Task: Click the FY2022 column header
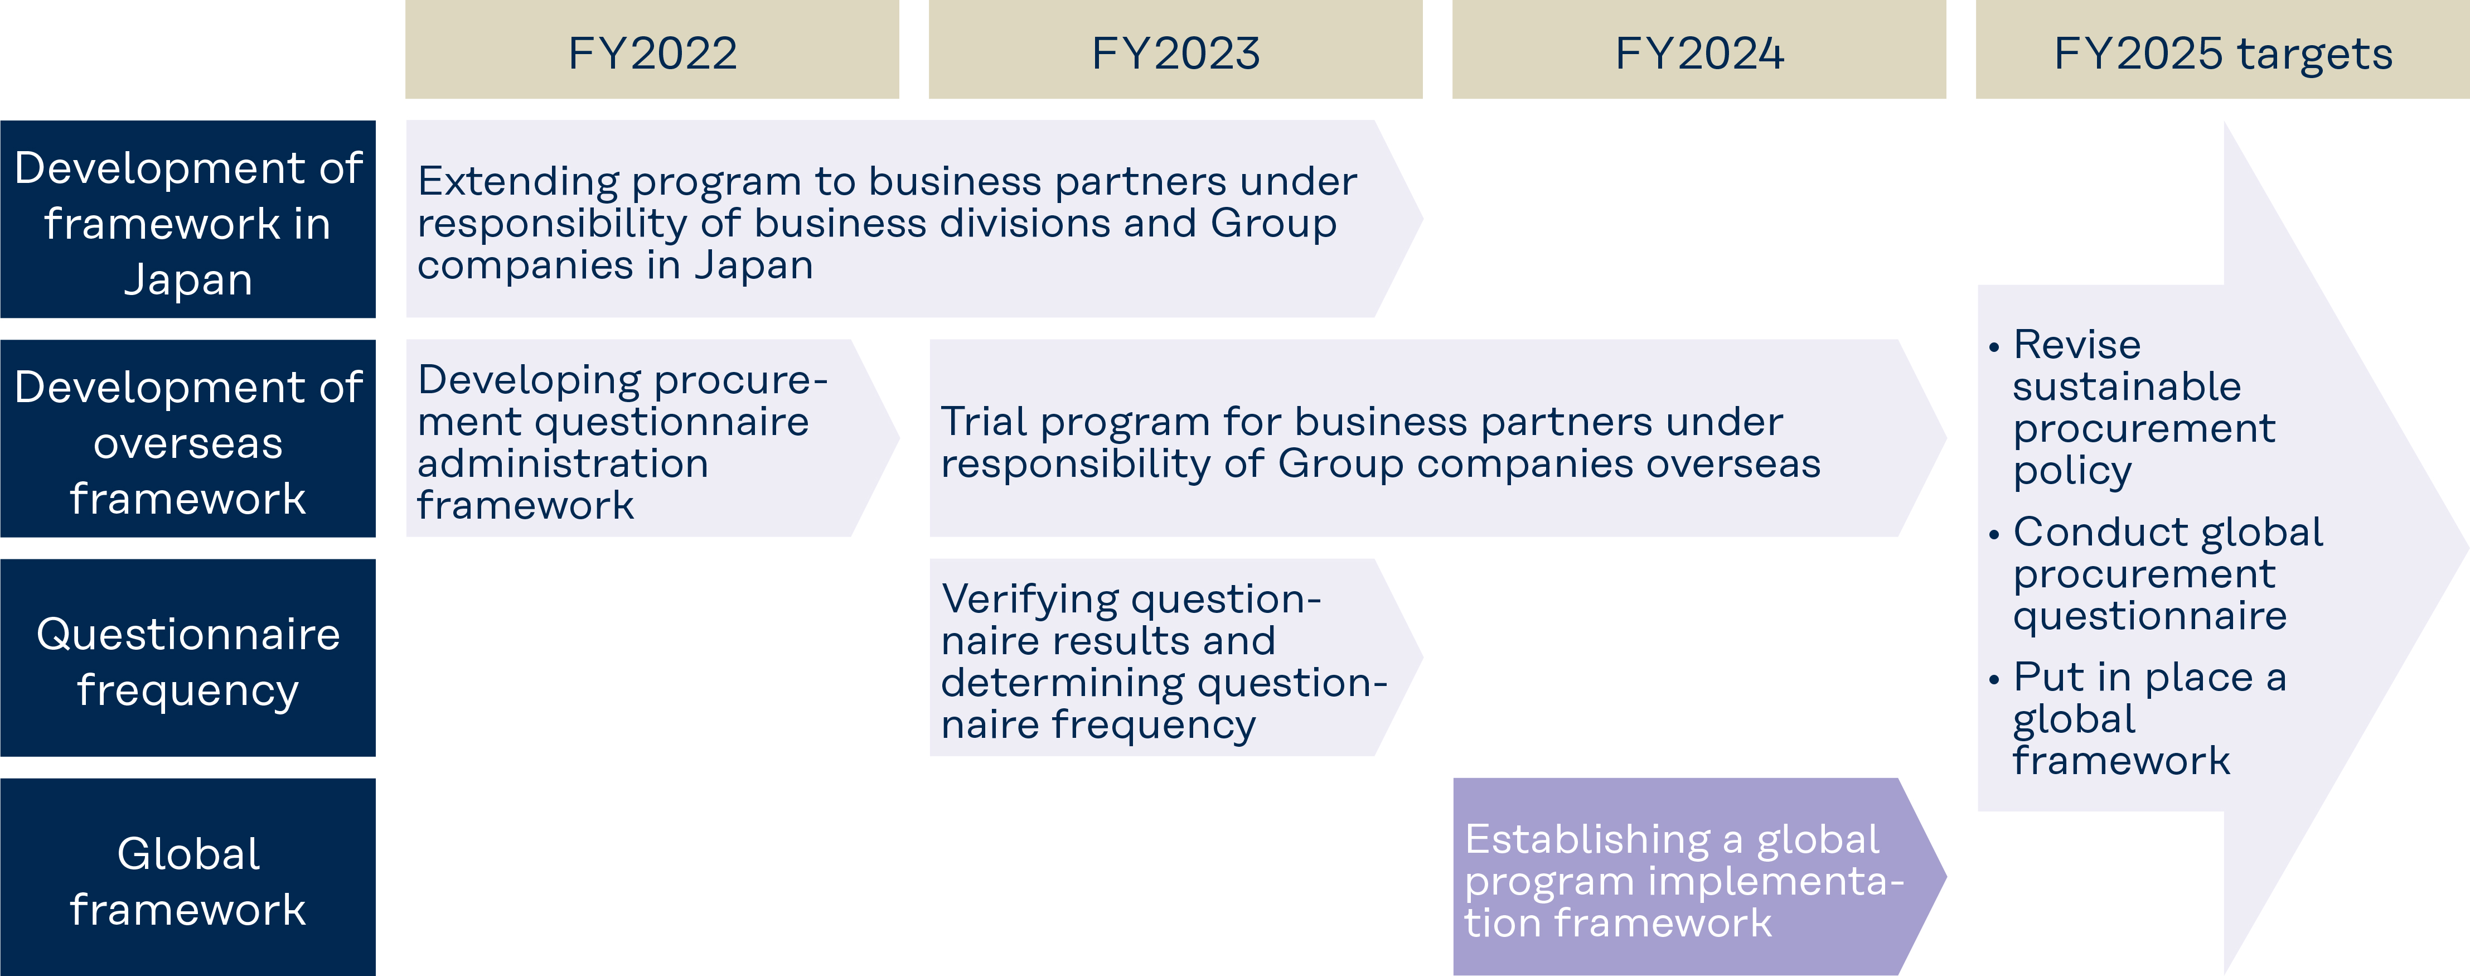[652, 50]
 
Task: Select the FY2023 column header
[1175, 50]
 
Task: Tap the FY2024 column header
[1699, 50]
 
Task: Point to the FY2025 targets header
[2222, 50]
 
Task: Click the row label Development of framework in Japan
[188, 220]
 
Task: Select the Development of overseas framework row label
[188, 439]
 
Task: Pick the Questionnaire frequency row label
[188, 659]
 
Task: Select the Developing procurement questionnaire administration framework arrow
[652, 439]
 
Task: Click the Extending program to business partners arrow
[914, 220]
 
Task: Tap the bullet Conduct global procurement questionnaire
[2156, 573]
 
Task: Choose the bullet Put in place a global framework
[2137, 718]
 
